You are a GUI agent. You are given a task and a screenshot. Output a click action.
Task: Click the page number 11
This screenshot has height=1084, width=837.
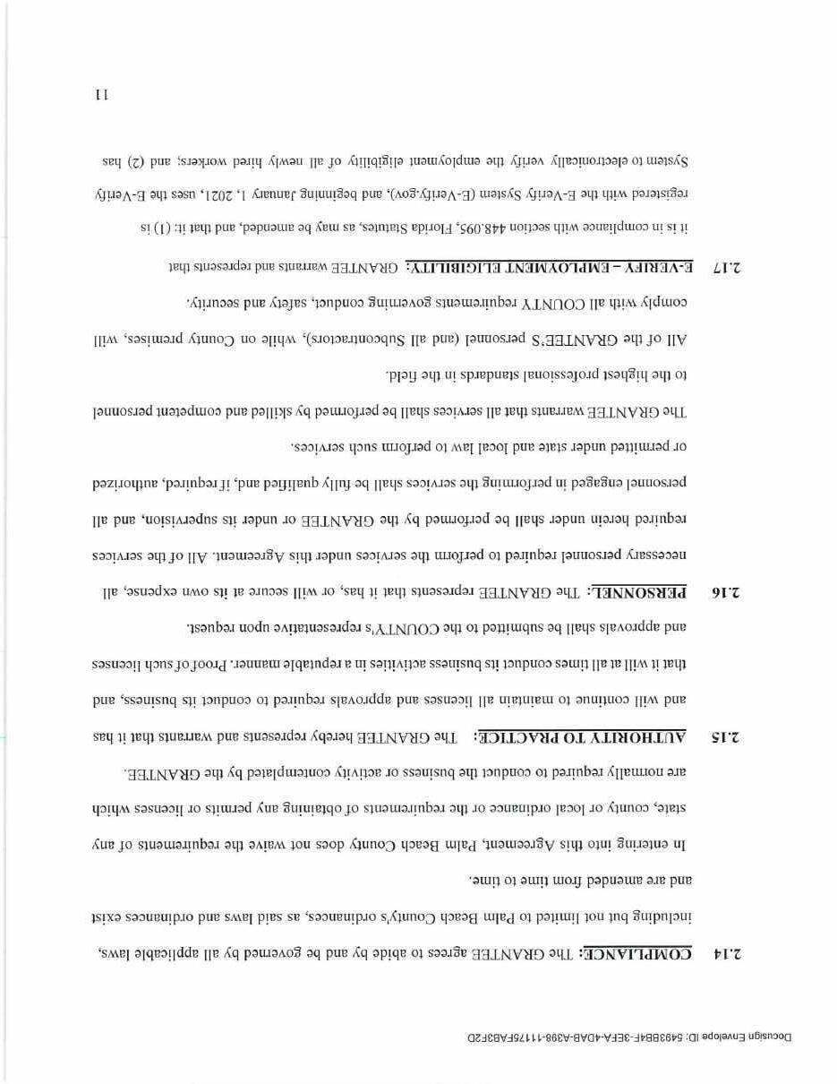click(x=101, y=94)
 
